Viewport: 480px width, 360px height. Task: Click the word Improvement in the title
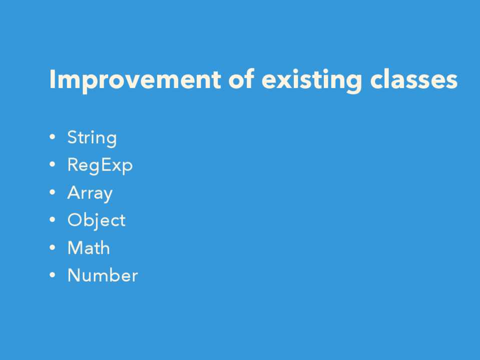coord(135,80)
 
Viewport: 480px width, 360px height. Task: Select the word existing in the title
coord(312,80)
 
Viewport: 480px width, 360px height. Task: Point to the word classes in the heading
coord(414,79)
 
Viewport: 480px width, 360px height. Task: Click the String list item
coord(92,138)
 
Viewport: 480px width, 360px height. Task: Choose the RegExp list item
coord(100,166)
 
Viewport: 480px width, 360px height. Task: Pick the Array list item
coord(90,193)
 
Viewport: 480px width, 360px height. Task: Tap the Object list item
coord(97,220)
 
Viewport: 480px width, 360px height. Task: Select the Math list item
coord(89,247)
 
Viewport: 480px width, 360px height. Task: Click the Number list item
coord(103,275)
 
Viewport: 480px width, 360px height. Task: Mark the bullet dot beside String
coord(53,136)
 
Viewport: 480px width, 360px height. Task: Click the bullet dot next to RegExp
coord(53,164)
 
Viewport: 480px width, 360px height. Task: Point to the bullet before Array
coord(53,192)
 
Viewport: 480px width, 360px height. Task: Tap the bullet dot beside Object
coord(53,219)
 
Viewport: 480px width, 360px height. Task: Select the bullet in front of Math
coord(53,247)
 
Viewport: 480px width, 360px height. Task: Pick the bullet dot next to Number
coord(53,274)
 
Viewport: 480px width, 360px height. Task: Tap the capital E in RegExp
coord(105,165)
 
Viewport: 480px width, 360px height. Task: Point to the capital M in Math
coord(75,247)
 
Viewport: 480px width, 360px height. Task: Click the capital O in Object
coord(75,220)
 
